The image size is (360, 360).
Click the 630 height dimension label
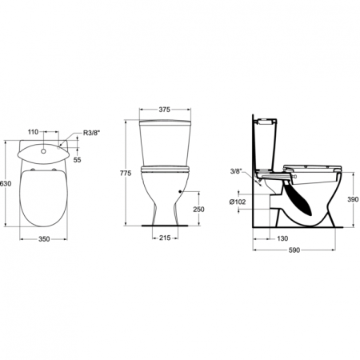(6, 183)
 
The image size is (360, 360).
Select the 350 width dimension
(44, 239)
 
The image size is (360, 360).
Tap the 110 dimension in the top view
(33, 131)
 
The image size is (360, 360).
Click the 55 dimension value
(78, 160)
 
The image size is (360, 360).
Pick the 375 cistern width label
(165, 110)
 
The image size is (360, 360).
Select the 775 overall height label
(126, 173)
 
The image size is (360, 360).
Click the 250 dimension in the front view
(198, 210)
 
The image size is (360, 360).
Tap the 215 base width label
(165, 238)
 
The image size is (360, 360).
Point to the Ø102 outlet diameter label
(238, 202)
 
